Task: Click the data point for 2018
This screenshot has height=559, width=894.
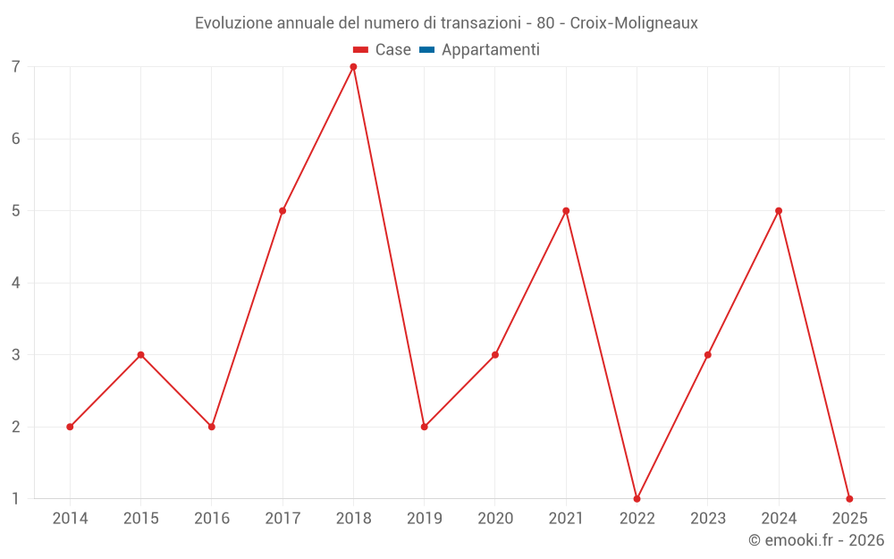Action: pyautogui.click(x=353, y=67)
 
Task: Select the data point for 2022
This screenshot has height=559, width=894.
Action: pyautogui.click(x=637, y=498)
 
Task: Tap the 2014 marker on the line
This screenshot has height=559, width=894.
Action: pyautogui.click(x=70, y=427)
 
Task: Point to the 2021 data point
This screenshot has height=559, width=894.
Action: pyautogui.click(x=566, y=211)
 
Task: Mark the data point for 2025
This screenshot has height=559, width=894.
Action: pyautogui.click(x=849, y=498)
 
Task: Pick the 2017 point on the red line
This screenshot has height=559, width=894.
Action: pyautogui.click(x=283, y=211)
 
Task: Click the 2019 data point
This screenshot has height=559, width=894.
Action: pyautogui.click(x=425, y=427)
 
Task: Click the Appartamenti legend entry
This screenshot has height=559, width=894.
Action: pyautogui.click(x=490, y=50)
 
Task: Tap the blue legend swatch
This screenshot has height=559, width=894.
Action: pyautogui.click(x=426, y=50)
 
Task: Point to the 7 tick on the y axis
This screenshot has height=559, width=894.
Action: pyautogui.click(x=16, y=67)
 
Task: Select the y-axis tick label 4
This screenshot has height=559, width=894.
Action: pyautogui.click(x=16, y=283)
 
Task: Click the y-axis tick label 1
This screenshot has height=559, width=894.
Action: pyautogui.click(x=16, y=498)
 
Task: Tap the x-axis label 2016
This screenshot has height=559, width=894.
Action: pyautogui.click(x=212, y=519)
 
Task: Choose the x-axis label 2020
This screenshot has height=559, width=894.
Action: pyautogui.click(x=495, y=519)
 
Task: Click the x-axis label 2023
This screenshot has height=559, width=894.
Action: pyautogui.click(x=708, y=519)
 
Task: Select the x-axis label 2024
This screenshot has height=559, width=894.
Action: pyautogui.click(x=779, y=519)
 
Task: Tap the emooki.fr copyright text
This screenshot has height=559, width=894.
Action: pyautogui.click(x=816, y=540)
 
